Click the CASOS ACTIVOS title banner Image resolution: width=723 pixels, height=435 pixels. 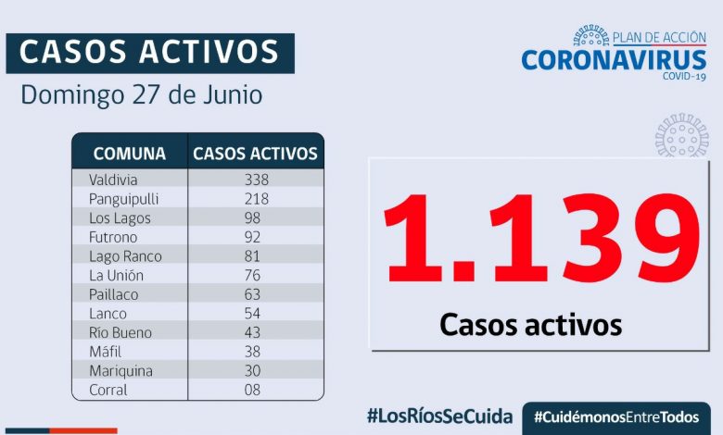point(149,53)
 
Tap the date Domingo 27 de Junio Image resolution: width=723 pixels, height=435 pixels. point(141,95)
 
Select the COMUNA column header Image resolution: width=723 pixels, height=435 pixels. point(130,154)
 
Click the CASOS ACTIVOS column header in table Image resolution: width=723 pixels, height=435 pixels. point(255,154)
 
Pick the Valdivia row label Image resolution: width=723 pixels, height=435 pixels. point(113,180)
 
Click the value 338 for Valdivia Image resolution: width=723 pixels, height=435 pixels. point(255,180)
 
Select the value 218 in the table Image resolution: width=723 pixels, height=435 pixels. point(255,199)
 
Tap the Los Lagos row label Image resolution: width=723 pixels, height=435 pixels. point(120,218)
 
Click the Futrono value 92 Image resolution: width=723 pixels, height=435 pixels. point(255,237)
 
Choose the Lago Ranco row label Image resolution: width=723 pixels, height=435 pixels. point(125,256)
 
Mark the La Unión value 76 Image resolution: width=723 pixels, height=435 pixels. point(255,275)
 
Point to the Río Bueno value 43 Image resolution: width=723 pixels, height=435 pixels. point(255,332)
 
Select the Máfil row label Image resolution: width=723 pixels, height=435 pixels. point(106,352)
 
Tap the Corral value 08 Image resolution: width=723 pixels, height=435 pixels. point(255,390)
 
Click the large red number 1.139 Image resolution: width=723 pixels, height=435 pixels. point(541,241)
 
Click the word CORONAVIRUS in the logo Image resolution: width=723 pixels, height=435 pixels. point(614,60)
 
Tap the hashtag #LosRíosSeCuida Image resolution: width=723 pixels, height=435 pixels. point(439,415)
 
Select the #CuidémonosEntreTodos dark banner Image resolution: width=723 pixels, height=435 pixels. point(615,416)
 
